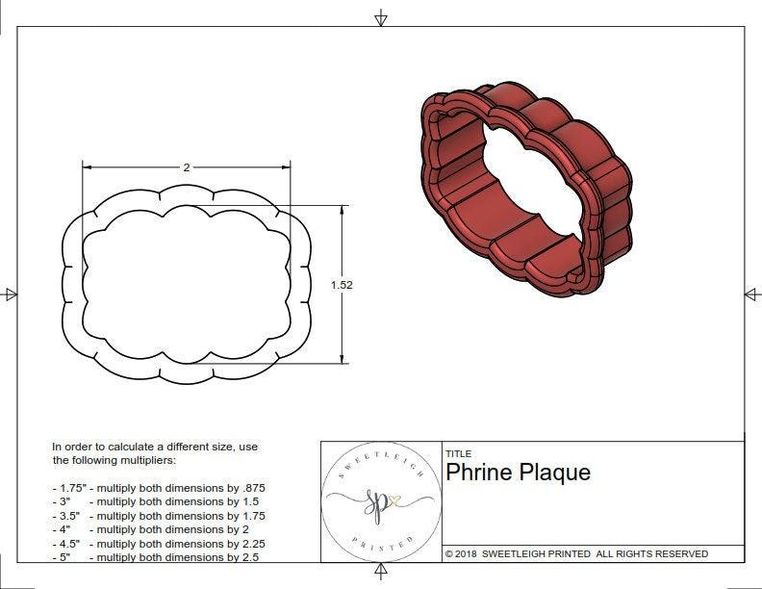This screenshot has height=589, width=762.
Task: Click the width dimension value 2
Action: click(x=186, y=166)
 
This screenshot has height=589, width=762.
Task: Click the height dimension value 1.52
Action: click(x=341, y=285)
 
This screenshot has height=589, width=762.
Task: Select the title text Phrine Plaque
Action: click(x=518, y=473)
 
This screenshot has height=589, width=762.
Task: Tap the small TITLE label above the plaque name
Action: click(x=458, y=453)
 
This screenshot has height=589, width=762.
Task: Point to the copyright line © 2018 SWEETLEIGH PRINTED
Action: click(x=576, y=553)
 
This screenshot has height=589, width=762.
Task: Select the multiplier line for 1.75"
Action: click(x=158, y=488)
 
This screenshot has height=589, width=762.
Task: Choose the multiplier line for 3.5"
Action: click(x=158, y=516)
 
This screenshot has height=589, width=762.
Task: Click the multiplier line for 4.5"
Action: click(x=158, y=543)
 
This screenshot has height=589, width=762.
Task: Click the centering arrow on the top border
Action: click(x=381, y=18)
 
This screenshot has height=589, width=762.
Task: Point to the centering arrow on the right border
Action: click(x=750, y=294)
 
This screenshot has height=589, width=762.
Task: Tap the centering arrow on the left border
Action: click(x=11, y=294)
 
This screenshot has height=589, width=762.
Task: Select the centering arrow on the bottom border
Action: click(x=381, y=573)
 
